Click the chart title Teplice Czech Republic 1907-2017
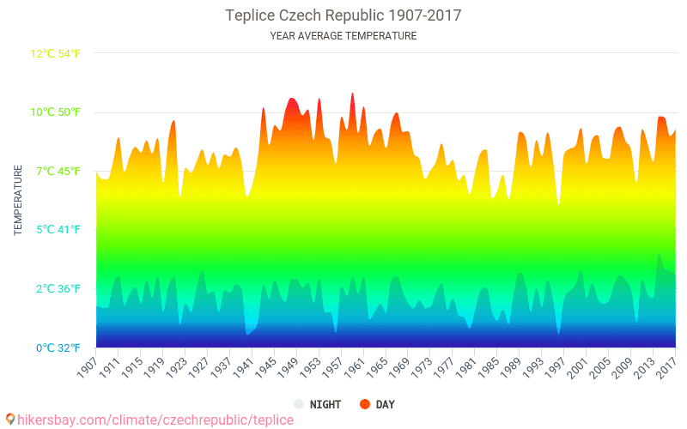tap(343, 15)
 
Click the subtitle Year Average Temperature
tap(343, 36)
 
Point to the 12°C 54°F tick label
tap(56, 54)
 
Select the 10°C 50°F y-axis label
tap(56, 112)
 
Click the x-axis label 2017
tap(666, 368)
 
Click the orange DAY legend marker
tap(364, 404)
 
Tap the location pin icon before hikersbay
tap(10, 419)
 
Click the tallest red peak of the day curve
tap(352, 94)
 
